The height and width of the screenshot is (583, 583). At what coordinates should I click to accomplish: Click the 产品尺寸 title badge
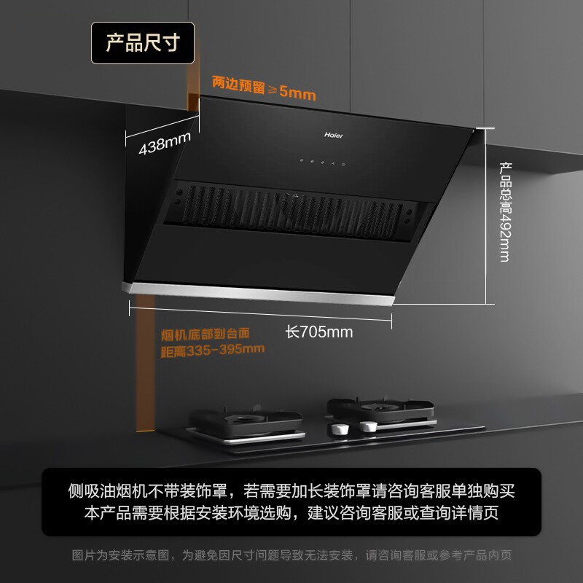(143, 42)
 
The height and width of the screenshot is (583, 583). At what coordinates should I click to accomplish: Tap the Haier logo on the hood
(333, 135)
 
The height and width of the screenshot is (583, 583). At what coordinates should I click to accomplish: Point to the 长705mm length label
(319, 332)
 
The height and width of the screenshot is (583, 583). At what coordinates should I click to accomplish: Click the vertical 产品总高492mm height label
(504, 212)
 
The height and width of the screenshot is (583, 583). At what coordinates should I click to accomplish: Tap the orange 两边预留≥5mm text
(264, 85)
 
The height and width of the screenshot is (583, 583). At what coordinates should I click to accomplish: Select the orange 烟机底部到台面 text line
(206, 334)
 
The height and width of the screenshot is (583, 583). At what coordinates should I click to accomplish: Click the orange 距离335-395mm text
(212, 350)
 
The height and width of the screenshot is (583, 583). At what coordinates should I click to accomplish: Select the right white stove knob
(369, 426)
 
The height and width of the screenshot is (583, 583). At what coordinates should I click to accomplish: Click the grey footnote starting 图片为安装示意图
(291, 555)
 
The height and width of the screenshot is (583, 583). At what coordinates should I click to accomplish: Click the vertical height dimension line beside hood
(486, 215)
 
